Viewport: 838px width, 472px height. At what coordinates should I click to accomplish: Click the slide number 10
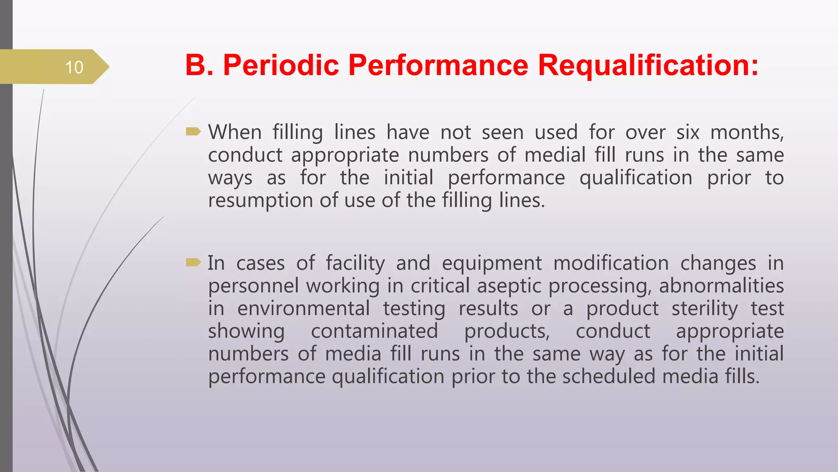(74, 67)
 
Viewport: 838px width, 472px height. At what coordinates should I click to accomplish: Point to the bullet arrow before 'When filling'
(193, 132)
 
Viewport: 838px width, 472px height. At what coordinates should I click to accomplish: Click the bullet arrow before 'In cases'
(193, 262)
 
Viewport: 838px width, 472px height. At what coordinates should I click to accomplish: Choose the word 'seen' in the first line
(502, 132)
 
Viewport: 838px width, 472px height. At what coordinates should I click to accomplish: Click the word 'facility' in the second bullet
(355, 263)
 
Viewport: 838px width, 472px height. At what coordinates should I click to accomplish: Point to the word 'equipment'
(492, 263)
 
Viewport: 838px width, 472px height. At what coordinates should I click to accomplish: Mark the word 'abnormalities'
(721, 286)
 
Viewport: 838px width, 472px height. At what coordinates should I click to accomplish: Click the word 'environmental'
(303, 308)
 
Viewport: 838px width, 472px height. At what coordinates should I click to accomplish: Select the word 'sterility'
(705, 308)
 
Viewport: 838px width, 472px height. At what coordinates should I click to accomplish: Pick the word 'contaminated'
(374, 331)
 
